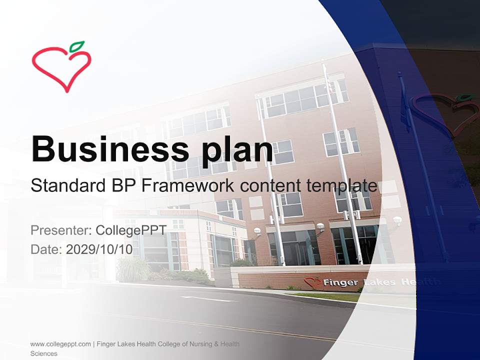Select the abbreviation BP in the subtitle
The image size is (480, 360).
click(x=116, y=185)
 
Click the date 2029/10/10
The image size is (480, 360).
click(x=99, y=249)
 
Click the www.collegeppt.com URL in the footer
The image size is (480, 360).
click(x=60, y=344)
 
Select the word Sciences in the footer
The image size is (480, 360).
click(x=43, y=353)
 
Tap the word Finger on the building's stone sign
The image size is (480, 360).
click(x=340, y=282)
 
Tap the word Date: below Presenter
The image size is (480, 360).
click(x=46, y=249)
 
